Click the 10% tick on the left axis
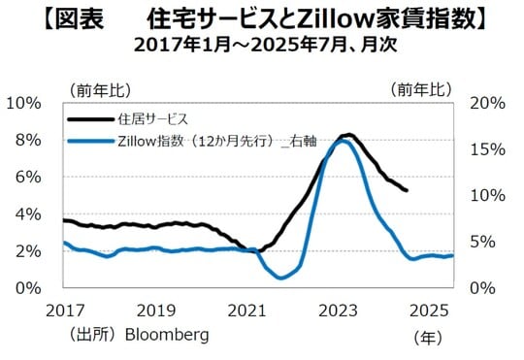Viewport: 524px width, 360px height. (x=24, y=103)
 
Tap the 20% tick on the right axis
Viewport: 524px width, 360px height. (x=485, y=103)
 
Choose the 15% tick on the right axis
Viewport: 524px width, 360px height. (x=485, y=149)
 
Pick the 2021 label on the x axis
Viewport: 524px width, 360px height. (x=247, y=310)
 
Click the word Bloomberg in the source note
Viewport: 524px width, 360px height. (x=166, y=335)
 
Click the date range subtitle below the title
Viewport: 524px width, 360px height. (x=263, y=46)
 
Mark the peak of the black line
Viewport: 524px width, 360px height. (x=348, y=135)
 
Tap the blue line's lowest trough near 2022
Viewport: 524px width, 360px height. (x=280, y=278)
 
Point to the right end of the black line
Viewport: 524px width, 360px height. (x=407, y=190)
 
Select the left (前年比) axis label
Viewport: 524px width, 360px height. (x=99, y=89)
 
